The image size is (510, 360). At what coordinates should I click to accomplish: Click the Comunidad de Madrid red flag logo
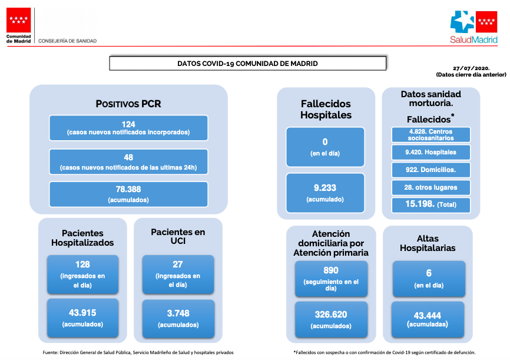[18, 20]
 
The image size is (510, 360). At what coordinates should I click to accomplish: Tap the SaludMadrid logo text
[473, 39]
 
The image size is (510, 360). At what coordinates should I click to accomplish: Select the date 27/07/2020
[471, 68]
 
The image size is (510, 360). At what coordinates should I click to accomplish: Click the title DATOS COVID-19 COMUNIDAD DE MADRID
[247, 64]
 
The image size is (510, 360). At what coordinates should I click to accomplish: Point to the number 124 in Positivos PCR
[128, 124]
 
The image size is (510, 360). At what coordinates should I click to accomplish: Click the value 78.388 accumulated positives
[128, 189]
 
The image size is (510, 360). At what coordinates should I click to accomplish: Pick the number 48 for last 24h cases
[128, 157]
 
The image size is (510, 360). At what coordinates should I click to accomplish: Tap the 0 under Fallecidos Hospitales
[325, 142]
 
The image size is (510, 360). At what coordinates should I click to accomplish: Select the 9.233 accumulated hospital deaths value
[325, 188]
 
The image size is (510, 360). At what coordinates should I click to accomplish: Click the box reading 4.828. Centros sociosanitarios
[431, 135]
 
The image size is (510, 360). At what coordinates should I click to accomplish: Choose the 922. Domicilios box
[431, 170]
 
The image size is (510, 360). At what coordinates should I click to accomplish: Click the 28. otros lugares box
[431, 187]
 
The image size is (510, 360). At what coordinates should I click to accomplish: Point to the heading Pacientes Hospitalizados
[82, 238]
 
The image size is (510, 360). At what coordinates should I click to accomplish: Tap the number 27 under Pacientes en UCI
[178, 265]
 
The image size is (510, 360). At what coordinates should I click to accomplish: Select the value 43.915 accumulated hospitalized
[82, 313]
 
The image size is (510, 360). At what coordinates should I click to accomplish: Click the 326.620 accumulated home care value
[331, 315]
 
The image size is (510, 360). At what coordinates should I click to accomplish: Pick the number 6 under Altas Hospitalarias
[429, 273]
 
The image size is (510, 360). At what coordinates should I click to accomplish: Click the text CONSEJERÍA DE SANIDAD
[67, 41]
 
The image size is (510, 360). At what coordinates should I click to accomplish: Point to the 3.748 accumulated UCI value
[178, 313]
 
